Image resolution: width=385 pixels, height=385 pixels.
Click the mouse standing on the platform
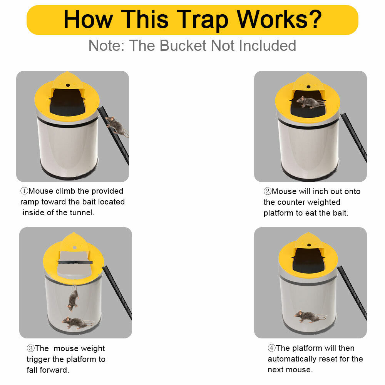tap(310, 102)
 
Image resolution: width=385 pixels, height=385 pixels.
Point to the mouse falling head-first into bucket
tap(73, 300)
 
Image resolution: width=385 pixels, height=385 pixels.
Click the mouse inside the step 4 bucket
tap(310, 316)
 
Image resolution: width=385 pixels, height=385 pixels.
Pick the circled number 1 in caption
tap(24, 191)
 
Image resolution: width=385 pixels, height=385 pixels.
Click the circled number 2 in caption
tap(268, 192)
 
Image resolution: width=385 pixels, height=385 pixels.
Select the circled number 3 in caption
tap(31, 349)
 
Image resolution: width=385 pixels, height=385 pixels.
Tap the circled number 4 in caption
tap(272, 348)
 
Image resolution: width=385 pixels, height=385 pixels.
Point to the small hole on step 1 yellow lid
tap(68, 85)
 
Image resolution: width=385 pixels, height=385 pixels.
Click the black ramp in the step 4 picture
tap(352, 291)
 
